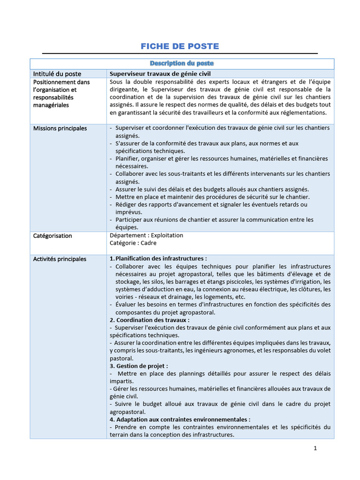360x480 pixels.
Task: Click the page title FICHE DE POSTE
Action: click(x=180, y=46)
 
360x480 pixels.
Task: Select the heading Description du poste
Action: click(x=182, y=63)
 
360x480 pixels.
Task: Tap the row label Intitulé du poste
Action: click(x=57, y=74)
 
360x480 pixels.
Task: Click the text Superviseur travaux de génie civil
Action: click(x=160, y=74)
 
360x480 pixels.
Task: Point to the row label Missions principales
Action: click(x=60, y=128)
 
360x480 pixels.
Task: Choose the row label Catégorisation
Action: click(x=52, y=235)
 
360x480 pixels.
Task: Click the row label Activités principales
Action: click(x=60, y=259)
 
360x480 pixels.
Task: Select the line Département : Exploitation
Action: click(x=146, y=235)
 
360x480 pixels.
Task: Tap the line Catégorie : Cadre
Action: click(x=133, y=243)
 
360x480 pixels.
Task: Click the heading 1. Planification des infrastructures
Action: click(x=158, y=258)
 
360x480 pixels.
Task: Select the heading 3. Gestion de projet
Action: click(x=139, y=366)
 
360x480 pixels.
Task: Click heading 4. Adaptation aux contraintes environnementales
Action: click(x=180, y=420)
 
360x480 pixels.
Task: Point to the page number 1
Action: click(x=315, y=448)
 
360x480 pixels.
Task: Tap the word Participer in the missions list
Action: click(x=128, y=219)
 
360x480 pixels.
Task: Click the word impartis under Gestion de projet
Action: click(x=121, y=381)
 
